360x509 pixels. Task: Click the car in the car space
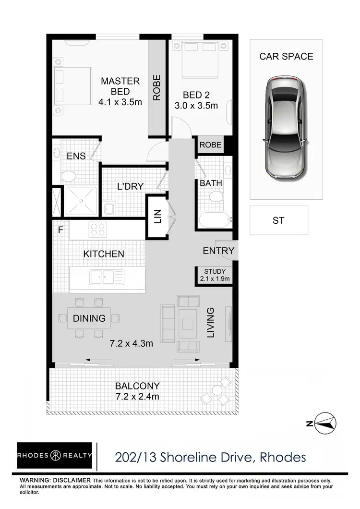coord(286,128)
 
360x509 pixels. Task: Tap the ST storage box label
coord(278,220)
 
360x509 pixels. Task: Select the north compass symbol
coord(323,423)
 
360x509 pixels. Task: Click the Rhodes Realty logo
coord(54,456)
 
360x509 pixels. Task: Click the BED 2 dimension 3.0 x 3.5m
coord(196,106)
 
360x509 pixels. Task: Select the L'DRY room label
coord(131,186)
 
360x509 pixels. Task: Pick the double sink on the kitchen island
coord(108,276)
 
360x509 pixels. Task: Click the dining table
coord(89,318)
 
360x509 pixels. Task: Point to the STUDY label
coord(215,271)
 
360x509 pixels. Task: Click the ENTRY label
coord(218,251)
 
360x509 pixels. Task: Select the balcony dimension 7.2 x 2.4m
coord(137,397)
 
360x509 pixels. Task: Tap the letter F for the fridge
coord(60,230)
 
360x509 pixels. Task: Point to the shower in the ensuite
coord(81,200)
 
